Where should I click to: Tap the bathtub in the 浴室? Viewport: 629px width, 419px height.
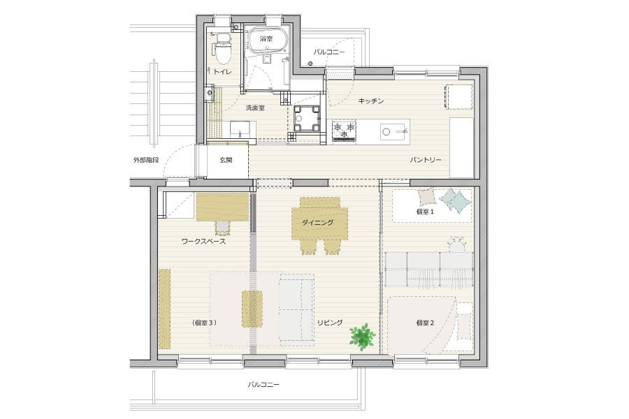pyautogui.click(x=266, y=40)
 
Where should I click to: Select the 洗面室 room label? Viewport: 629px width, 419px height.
pyautogui.click(x=255, y=108)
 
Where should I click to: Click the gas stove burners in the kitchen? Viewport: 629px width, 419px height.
pyautogui.click(x=344, y=129)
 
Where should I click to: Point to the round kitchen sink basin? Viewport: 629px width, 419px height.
pyautogui.click(x=386, y=131)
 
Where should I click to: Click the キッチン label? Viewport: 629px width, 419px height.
pyautogui.click(x=371, y=101)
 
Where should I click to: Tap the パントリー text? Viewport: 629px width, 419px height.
pyautogui.click(x=425, y=160)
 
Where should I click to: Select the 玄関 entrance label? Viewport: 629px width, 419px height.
pyautogui.click(x=226, y=160)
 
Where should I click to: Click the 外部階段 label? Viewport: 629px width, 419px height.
pyautogui.click(x=146, y=160)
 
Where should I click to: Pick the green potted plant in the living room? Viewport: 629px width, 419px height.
pyautogui.click(x=362, y=336)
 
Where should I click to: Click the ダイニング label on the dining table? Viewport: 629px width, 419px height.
pyautogui.click(x=318, y=223)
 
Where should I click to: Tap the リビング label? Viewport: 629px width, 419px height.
pyautogui.click(x=330, y=323)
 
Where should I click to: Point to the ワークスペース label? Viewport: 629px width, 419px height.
pyautogui.click(x=204, y=242)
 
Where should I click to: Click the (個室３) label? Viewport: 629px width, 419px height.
pyautogui.click(x=204, y=323)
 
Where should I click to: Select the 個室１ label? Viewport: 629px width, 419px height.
pyautogui.click(x=425, y=212)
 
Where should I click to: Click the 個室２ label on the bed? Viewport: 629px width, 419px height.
pyautogui.click(x=425, y=323)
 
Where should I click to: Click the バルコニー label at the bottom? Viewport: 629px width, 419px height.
pyautogui.click(x=263, y=385)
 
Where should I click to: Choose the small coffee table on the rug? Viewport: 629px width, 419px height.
pyautogui.click(x=252, y=309)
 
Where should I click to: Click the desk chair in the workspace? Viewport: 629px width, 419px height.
pyautogui.click(x=222, y=228)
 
